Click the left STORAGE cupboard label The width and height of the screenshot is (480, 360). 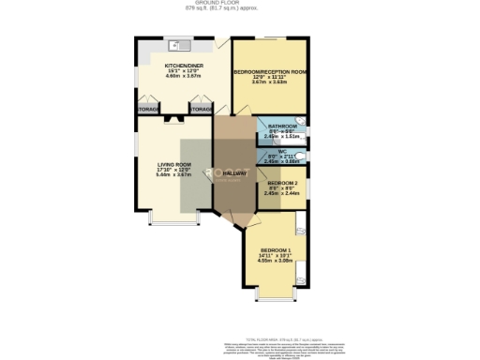(x=146, y=110)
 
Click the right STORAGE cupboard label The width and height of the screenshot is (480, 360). (x=201, y=110)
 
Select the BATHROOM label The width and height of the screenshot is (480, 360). (x=282, y=126)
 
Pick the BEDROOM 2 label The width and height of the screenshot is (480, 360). (x=282, y=182)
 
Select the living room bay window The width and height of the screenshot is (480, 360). (x=176, y=222)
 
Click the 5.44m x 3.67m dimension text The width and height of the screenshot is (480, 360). (x=174, y=175)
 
